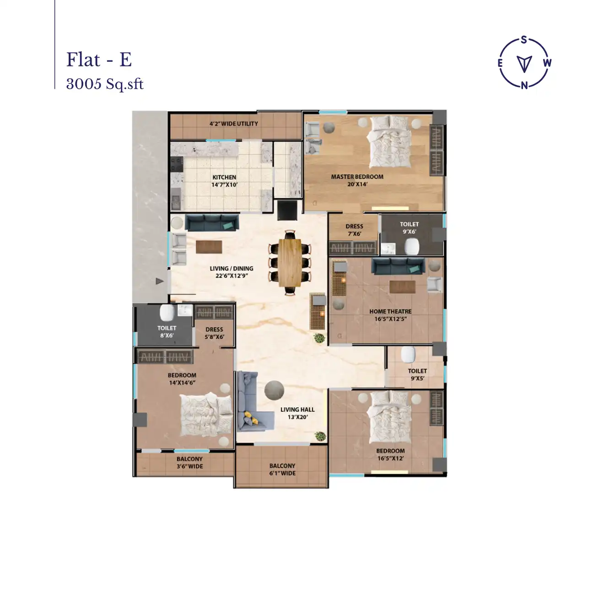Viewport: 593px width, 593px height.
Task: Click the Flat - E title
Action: click(99, 60)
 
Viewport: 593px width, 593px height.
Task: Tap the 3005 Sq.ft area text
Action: click(105, 84)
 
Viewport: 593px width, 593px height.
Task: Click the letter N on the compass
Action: click(524, 85)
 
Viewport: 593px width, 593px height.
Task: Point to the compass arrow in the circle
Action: click(524, 63)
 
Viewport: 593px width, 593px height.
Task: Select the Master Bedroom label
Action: click(357, 180)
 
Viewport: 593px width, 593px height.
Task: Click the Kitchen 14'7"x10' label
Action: click(224, 181)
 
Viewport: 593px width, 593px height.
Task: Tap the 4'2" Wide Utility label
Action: click(233, 124)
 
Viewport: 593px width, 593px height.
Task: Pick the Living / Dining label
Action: click(232, 272)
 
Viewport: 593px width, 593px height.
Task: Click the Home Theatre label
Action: click(390, 315)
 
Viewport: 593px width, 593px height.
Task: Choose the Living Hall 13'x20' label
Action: click(297, 413)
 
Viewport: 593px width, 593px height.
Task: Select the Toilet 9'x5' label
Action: click(417, 374)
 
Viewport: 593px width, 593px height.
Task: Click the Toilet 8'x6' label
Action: click(167, 331)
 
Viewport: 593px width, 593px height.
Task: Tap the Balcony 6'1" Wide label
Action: click(282, 469)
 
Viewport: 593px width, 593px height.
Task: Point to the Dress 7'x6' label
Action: click(354, 230)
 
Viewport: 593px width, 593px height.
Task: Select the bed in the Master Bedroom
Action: click(390, 142)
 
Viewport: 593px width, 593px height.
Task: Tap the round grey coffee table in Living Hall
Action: click(274, 390)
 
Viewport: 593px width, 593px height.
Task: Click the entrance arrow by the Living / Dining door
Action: click(159, 281)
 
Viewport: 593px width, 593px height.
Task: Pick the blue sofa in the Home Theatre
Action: click(398, 266)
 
